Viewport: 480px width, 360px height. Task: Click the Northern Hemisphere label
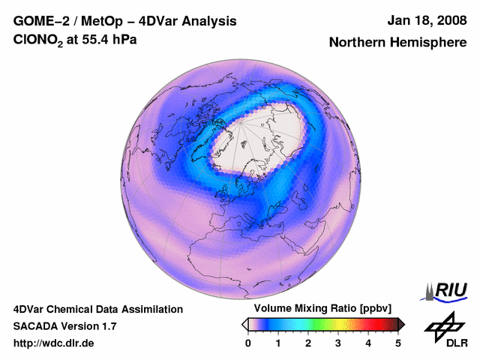coord(397,43)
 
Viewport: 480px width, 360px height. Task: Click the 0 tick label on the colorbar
coord(248,343)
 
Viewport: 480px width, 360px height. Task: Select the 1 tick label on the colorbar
coord(278,343)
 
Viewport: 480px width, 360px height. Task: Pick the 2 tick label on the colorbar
coord(308,343)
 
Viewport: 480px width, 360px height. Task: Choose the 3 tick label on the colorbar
coord(338,343)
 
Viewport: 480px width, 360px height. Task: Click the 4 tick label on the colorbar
coord(368,343)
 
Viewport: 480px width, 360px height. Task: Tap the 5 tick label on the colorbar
coord(398,343)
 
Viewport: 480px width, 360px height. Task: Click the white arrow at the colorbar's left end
coord(244,324)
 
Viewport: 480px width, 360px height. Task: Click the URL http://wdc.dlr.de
coord(54,343)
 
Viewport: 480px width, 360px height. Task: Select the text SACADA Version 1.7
coord(64,326)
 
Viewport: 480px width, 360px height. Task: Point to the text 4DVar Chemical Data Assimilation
coord(97,309)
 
